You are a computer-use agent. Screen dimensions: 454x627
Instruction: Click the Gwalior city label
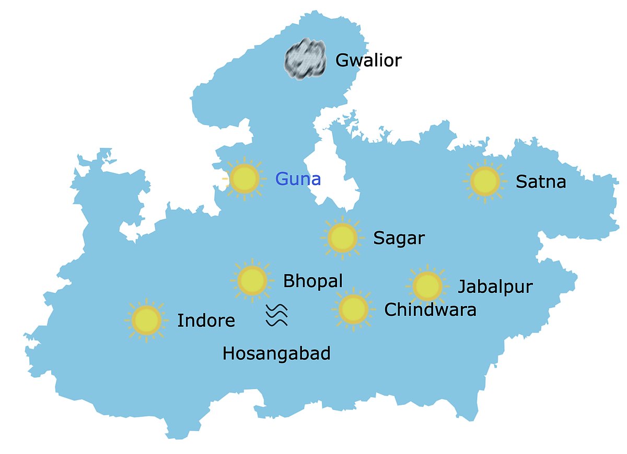pos(368,60)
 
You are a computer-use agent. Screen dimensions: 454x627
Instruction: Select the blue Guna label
pos(298,179)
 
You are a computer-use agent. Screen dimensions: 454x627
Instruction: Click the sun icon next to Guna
pos(245,179)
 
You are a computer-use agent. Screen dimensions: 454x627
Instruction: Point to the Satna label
pos(541,182)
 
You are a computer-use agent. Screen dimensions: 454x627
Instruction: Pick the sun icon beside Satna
pos(485,181)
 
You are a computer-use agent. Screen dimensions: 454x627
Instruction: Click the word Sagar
pos(399,239)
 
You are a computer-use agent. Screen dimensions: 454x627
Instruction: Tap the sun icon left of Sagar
pos(342,237)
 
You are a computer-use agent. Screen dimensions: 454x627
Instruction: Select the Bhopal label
pos(312,281)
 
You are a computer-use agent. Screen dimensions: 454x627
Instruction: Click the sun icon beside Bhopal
pos(252,280)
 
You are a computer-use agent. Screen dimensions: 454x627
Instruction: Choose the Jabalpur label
pos(495,287)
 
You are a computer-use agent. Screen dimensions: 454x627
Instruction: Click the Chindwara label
pos(430,310)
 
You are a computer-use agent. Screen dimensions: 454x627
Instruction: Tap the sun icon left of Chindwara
pos(353,309)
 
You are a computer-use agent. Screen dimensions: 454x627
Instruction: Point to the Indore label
pos(206,320)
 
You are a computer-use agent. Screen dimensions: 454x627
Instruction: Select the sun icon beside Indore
pos(146,320)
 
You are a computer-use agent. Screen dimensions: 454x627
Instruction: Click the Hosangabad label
pos(276,354)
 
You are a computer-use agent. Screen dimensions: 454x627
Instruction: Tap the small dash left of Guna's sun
pos(225,179)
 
